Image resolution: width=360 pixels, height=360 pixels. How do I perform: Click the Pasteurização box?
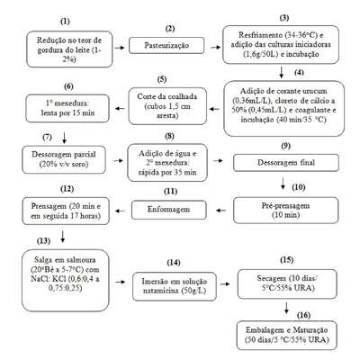(166, 45)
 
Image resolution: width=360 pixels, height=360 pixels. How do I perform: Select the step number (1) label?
(65, 22)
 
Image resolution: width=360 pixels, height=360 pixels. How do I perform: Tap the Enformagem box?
(169, 210)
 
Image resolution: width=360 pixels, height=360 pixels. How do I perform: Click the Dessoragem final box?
(286, 163)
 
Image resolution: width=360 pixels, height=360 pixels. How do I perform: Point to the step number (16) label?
(303, 315)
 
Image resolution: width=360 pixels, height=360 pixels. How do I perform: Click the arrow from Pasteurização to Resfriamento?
(215, 47)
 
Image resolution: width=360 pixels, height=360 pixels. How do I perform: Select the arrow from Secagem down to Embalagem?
(286, 308)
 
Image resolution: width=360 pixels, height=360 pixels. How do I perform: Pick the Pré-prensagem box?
(286, 211)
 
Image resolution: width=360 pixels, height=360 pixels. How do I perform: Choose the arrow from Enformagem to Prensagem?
(121, 211)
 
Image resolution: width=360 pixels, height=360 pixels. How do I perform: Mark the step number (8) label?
(169, 136)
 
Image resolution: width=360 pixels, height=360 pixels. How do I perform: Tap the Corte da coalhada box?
(167, 106)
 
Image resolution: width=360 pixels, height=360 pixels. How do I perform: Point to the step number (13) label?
(43, 241)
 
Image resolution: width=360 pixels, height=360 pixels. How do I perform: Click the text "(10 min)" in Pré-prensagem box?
(286, 215)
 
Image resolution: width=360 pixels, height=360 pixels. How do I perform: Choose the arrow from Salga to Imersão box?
(121, 282)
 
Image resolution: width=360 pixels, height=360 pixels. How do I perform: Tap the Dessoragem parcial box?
(64, 159)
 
